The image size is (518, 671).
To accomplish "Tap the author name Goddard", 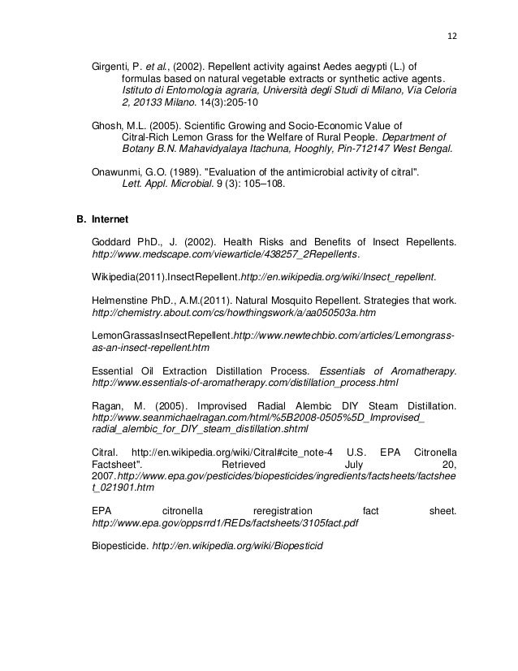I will coord(114,242).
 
